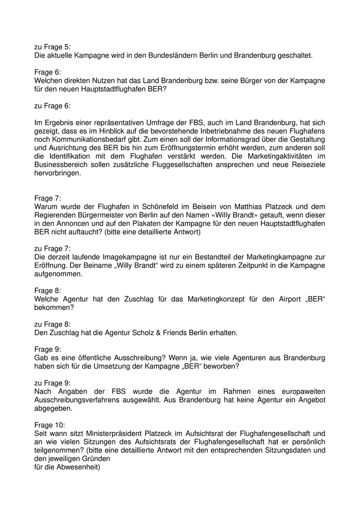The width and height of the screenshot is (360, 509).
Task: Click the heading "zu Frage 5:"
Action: pos(52,46)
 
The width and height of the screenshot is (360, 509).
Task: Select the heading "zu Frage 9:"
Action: pos(52,383)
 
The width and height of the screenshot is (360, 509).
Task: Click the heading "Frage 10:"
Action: pos(50,425)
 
